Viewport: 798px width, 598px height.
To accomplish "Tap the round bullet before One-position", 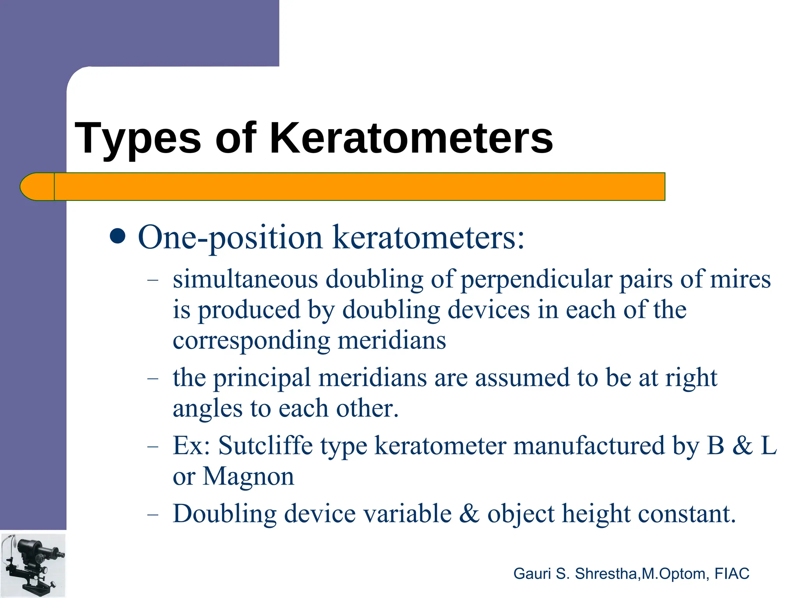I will (117, 236).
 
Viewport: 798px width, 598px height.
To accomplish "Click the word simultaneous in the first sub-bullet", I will (245, 280).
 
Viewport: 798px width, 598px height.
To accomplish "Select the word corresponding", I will (251, 341).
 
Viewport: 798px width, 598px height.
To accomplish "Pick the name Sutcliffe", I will (265, 445).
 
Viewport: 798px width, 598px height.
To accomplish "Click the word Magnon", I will (248, 477).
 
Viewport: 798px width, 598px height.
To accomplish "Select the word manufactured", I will (588, 445).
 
